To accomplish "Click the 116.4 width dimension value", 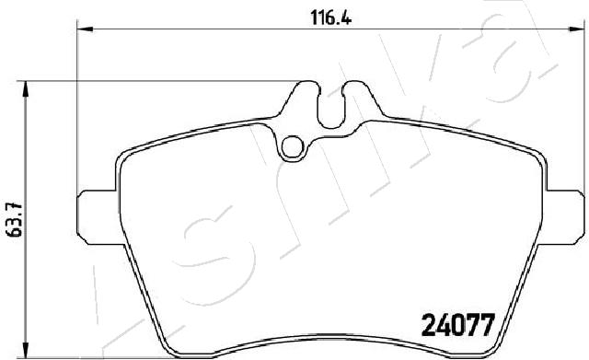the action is pos(331,17).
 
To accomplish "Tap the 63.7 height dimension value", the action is pos(16,220).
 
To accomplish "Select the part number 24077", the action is pos(457,325).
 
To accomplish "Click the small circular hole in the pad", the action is pos(292,147).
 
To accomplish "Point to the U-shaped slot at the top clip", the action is pos(331,109).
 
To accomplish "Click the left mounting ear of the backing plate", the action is pos(98,217).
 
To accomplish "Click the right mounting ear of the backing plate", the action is pos(564,217).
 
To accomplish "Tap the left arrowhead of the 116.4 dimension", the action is pos(85,29).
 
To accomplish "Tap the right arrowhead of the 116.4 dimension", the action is pos(577,29).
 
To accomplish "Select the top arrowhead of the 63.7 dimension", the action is pos(26,88).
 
